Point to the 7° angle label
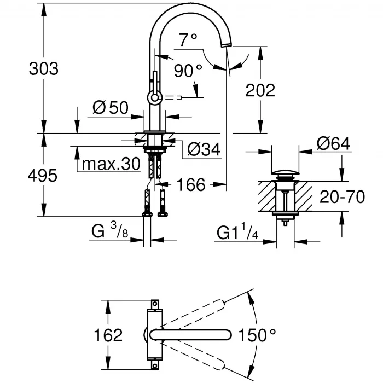pyautogui.click(x=188, y=40)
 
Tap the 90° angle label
pyautogui.click(x=188, y=70)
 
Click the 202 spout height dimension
pyautogui.click(x=260, y=90)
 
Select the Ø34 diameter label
pyautogui.click(x=204, y=148)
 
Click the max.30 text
pyautogui.click(x=112, y=165)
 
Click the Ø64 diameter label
pyautogui.click(x=333, y=144)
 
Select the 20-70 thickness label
pyautogui.click(x=342, y=196)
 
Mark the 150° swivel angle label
pyautogui.click(x=257, y=335)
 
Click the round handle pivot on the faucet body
pyautogui.click(x=154, y=98)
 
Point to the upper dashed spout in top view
pyautogui.click(x=202, y=310)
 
